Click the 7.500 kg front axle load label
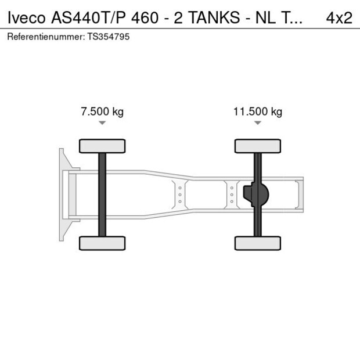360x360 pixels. (102, 112)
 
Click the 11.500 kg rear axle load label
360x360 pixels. (257, 112)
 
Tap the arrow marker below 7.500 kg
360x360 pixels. (102, 123)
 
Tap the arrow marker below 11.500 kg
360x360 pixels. (257, 123)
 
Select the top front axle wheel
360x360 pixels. (102, 146)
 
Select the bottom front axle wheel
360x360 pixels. (102, 243)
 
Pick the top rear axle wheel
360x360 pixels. (257, 146)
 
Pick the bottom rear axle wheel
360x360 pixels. (257, 243)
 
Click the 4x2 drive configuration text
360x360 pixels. (339, 17)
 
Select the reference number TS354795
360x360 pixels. (109, 37)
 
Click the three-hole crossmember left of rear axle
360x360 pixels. (231, 194)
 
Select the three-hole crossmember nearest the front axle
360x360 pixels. (180, 194)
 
